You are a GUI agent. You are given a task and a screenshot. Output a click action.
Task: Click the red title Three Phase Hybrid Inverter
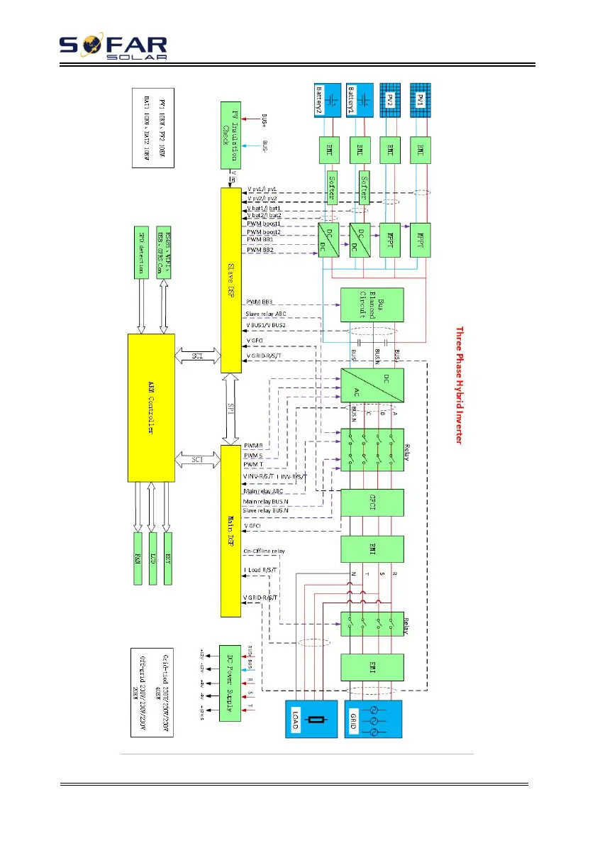pyautogui.click(x=459, y=385)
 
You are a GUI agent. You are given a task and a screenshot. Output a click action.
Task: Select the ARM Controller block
pyautogui.click(x=150, y=408)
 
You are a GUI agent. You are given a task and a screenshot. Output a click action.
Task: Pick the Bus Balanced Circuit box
pyautogui.click(x=372, y=304)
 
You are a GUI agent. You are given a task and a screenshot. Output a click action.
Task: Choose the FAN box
pyautogui.click(x=139, y=557)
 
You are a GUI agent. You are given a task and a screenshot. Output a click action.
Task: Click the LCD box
pyautogui.click(x=153, y=557)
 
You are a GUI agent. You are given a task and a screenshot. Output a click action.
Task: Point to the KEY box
pyautogui.click(x=168, y=557)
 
